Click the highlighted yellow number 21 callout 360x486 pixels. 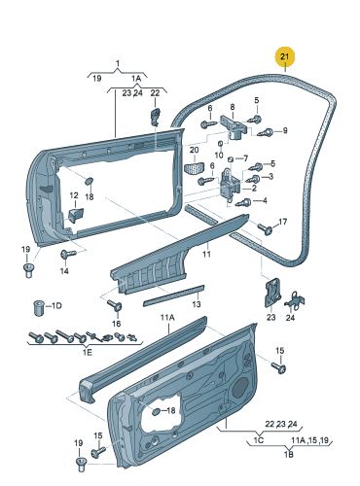284,57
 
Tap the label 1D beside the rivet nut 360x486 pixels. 56,306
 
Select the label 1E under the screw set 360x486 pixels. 88,352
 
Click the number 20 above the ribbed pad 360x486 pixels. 194,150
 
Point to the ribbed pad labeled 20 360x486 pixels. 195,168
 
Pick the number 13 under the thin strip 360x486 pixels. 197,304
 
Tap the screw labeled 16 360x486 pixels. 116,305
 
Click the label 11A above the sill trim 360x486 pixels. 167,318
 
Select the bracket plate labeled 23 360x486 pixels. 272,292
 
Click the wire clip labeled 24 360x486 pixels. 296,300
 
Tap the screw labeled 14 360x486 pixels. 67,254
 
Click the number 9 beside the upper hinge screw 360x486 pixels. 285,130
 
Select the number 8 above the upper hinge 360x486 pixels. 233,107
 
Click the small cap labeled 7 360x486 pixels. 231,159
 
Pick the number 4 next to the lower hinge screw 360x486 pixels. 265,200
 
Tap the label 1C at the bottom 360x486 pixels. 259,440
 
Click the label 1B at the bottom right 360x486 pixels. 288,454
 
